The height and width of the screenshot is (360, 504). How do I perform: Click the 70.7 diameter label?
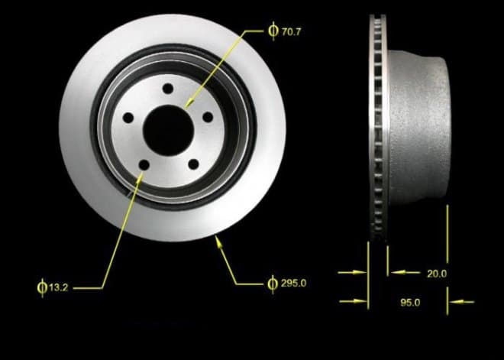pyautogui.click(x=291, y=32)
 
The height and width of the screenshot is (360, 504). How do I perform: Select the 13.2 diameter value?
pyautogui.click(x=59, y=287)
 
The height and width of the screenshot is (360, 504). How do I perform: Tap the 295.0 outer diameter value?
pyautogui.click(x=293, y=283)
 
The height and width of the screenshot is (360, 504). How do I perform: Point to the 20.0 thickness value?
pyautogui.click(x=437, y=274)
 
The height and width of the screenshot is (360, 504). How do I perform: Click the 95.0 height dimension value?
pyautogui.click(x=410, y=303)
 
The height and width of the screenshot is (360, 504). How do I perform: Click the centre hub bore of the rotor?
pyautogui.click(x=169, y=131)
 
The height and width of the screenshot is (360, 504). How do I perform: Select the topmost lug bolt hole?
pyautogui.click(x=168, y=89)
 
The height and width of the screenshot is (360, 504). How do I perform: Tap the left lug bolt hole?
pyautogui.click(x=128, y=118)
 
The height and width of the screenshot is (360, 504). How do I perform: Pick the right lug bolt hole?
pyautogui.click(x=208, y=117)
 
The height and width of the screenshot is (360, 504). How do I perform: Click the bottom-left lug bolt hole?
pyautogui.click(x=144, y=165)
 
